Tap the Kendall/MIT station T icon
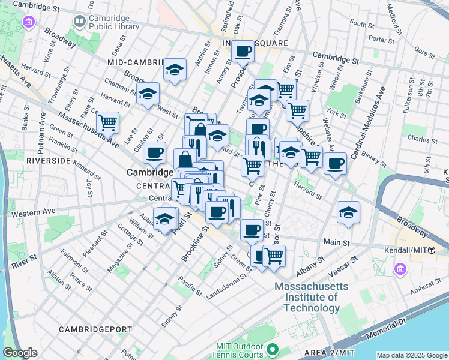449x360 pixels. [x=440, y=249]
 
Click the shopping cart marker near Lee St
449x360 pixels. [x=107, y=122]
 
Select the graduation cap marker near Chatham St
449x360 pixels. [x=148, y=94]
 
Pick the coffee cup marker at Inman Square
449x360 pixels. [x=243, y=52]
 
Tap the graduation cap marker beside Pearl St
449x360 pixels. [x=164, y=219]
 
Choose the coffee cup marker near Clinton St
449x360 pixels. [x=154, y=153]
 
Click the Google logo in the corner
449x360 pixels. [x=21, y=353]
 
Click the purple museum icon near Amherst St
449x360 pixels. [x=400, y=270]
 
